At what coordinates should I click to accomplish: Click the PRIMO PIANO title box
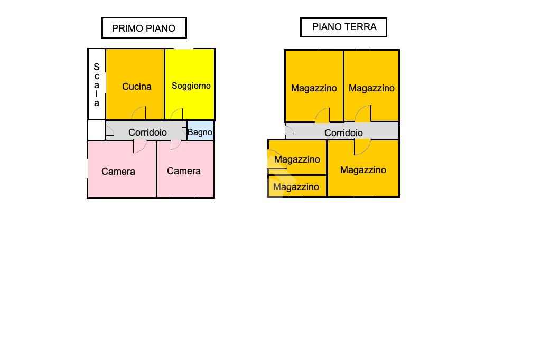pos(144,27)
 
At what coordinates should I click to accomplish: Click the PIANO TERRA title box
pos(343,27)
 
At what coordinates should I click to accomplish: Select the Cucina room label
pos(137,87)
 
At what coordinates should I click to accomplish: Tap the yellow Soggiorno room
pos(190,84)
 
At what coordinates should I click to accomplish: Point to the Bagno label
pos(200,132)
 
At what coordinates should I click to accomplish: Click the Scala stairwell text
pos(97,85)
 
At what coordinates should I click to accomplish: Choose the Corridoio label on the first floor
pos(148,132)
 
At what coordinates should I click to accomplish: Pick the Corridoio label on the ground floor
pos(343,133)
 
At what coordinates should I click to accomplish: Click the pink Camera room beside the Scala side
pos(122,169)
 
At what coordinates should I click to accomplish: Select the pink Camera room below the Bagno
pos(185,169)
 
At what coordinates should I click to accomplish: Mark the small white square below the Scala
pos(97,130)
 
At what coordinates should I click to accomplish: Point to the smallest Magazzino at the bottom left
pos(297,186)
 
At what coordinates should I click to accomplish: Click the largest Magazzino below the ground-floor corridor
pos(363,168)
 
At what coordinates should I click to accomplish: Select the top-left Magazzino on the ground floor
pos(314,86)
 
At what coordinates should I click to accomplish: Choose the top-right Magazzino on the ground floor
pos(371,86)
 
